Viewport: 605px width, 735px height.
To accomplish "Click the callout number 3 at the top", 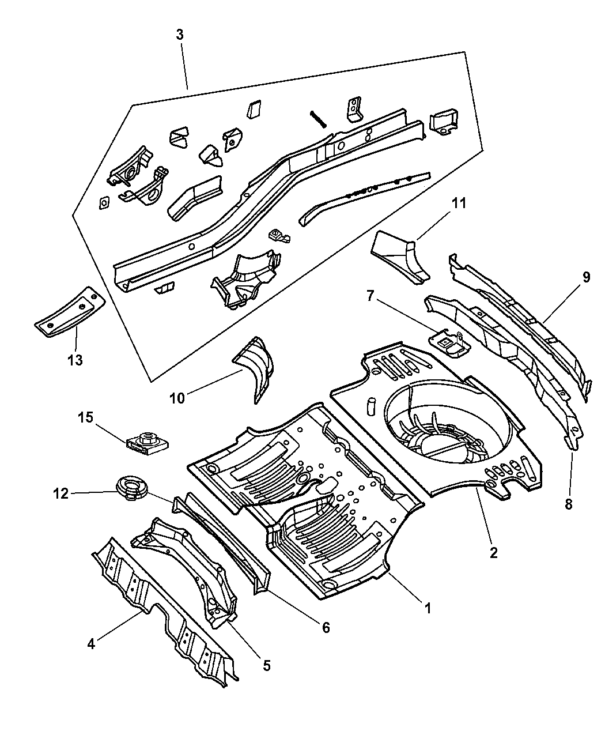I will point(180,35).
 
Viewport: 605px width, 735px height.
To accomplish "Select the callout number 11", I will point(459,203).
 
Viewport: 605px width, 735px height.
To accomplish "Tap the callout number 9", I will point(585,277).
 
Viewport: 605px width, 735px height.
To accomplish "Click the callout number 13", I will point(75,360).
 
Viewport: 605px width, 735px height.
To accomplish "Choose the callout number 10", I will point(177,398).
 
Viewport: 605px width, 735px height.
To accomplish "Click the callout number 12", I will point(61,493).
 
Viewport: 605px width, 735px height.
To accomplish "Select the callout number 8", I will point(569,504).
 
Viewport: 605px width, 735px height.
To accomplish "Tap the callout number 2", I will point(493,552).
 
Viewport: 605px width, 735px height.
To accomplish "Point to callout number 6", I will point(326,627).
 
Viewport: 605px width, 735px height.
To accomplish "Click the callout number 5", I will point(266,665).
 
